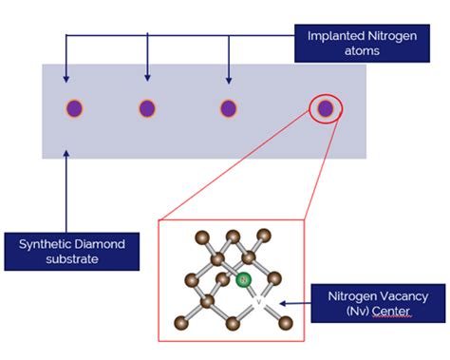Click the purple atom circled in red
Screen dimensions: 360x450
pos(326,108)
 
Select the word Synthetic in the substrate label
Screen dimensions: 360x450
pos(46,243)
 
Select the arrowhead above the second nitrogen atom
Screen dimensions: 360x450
pos(147,78)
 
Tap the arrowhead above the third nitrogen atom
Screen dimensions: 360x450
pos(228,78)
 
